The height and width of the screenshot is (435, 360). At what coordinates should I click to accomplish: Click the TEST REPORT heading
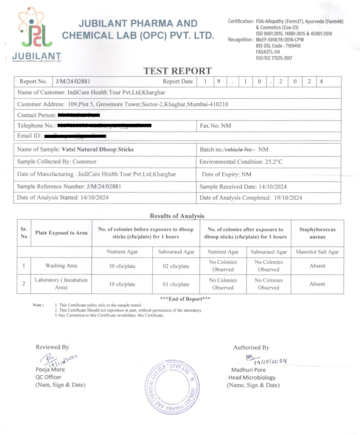[x=177, y=71]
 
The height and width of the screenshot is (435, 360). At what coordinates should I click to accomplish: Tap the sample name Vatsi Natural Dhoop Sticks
[x=98, y=149]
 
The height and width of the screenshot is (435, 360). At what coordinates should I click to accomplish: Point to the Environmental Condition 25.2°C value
[x=274, y=162]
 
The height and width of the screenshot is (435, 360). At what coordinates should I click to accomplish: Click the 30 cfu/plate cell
[x=122, y=266]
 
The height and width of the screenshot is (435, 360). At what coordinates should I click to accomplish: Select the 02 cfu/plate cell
[x=176, y=266]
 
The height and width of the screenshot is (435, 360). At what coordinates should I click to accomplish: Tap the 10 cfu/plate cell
[x=122, y=284]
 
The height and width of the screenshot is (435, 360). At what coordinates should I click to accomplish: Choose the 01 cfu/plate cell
[x=176, y=284]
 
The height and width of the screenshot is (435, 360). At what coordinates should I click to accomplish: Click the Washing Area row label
[x=61, y=266]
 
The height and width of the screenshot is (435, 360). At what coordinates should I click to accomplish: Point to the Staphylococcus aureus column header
[x=317, y=233]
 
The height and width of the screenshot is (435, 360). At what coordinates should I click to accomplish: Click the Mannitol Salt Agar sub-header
[x=317, y=252]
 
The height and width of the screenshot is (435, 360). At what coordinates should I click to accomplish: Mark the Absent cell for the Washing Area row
[x=317, y=266]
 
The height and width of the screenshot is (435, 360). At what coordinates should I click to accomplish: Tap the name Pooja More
[x=50, y=369]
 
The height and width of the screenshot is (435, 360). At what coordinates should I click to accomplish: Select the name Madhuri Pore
[x=248, y=370]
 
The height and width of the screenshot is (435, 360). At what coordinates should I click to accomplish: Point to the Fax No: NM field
[x=215, y=126]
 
